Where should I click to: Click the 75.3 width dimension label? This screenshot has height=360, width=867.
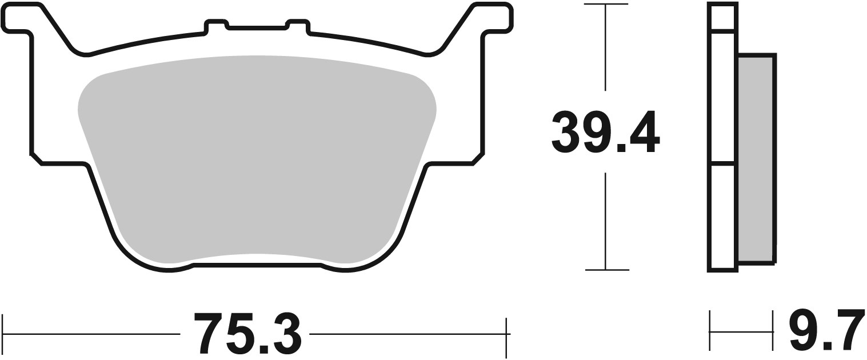tap(247, 333)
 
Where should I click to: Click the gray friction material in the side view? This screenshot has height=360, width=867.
tap(756, 158)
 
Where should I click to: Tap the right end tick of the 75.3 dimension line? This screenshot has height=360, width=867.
tap(507, 333)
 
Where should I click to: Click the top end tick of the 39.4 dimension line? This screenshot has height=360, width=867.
tap(606, 5)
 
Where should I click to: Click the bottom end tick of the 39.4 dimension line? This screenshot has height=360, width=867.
tap(606, 269)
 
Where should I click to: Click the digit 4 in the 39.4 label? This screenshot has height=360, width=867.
tap(644, 133)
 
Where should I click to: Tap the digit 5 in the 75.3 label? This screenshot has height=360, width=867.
tap(238, 333)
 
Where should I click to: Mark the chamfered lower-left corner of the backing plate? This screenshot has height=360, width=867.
tap(36, 159)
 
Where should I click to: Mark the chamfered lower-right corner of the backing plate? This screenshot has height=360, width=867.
tap(478, 159)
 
